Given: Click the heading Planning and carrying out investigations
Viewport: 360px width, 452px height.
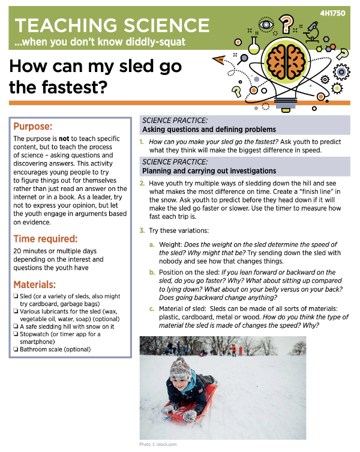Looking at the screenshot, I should pyautogui.click(x=209, y=171).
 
